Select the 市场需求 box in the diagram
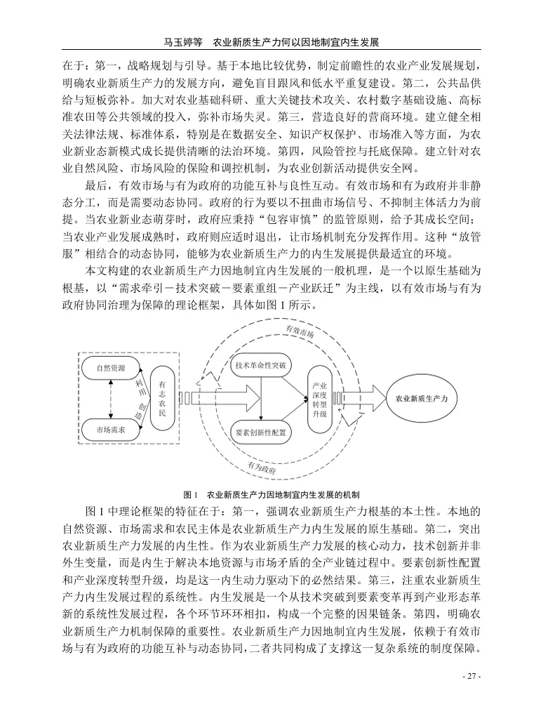coord(109,429)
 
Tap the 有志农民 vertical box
coord(163,398)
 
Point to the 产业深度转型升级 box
coord(319,399)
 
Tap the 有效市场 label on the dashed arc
coord(300,332)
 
